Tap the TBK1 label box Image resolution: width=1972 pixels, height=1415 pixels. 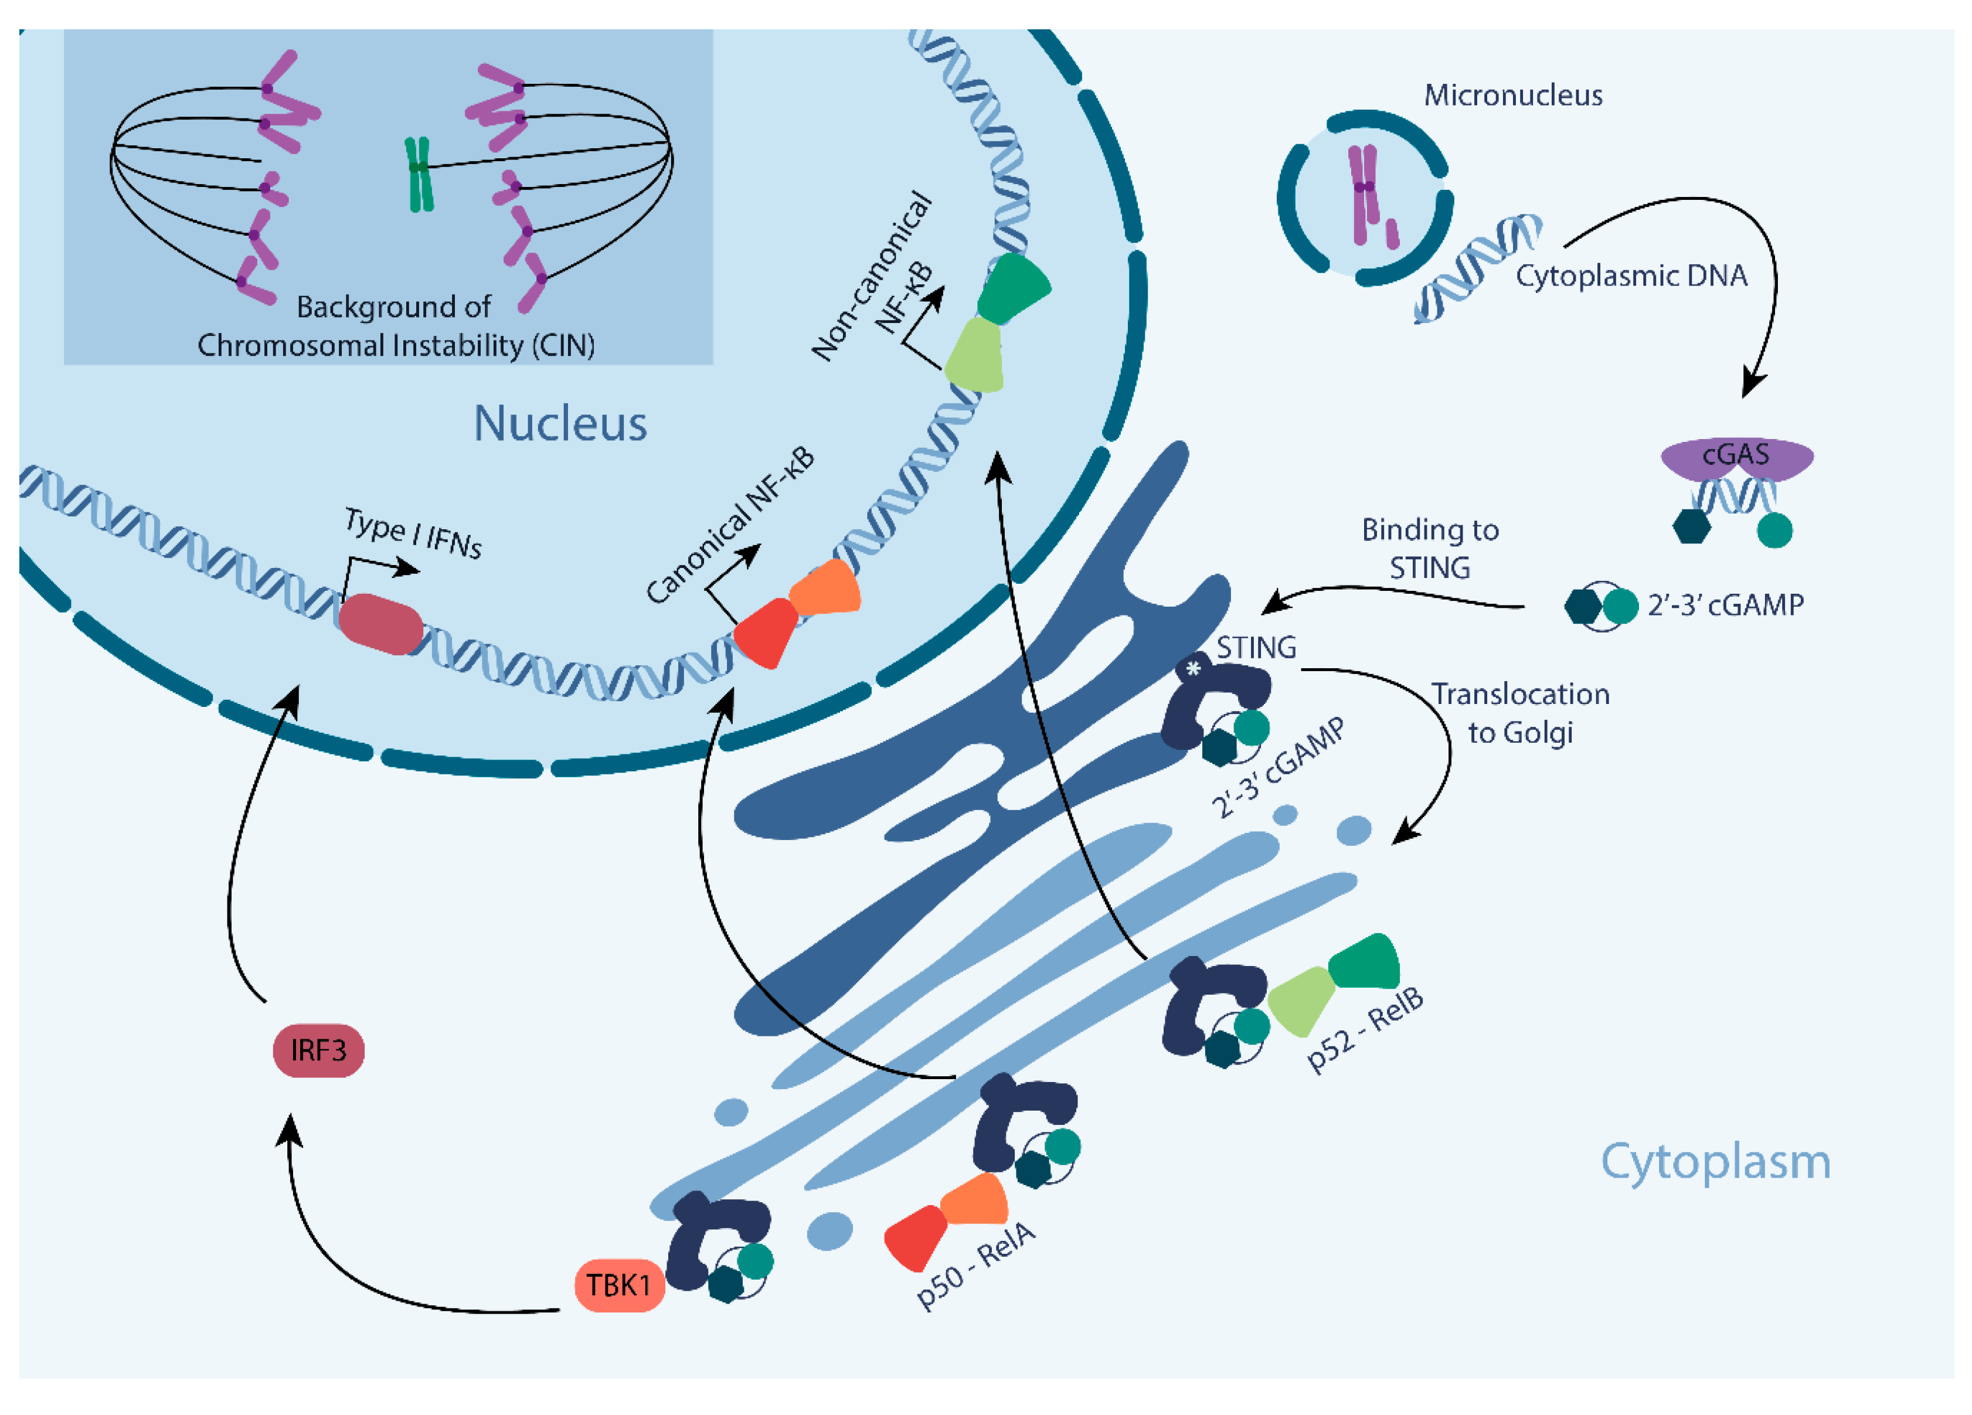[619, 1285]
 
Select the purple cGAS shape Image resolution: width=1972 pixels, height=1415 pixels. [1736, 455]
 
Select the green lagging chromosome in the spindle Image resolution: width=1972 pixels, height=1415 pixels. [419, 174]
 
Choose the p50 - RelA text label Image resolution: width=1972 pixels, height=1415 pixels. [975, 1264]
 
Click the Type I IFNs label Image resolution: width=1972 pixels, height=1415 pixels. [413, 533]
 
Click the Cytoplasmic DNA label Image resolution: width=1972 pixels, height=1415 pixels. [1631, 275]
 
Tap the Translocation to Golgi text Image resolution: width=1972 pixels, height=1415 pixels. [1520, 713]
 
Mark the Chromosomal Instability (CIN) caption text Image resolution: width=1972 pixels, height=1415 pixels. [396, 345]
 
